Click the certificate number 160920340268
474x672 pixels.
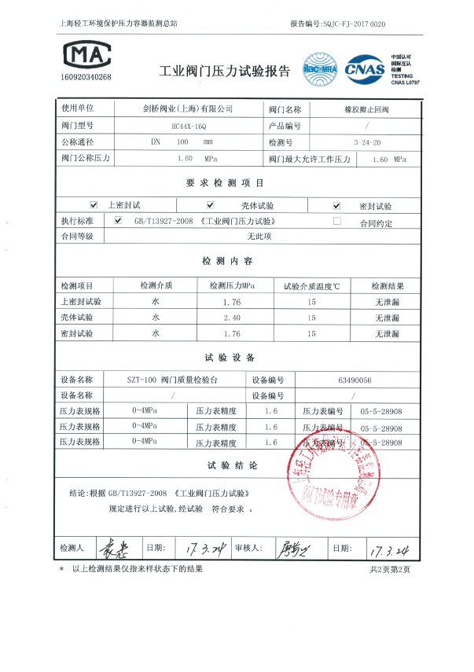click(86, 77)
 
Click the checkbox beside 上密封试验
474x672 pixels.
click(94, 205)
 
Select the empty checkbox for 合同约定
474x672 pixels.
click(337, 222)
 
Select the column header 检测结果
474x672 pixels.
click(388, 285)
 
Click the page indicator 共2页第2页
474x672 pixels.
click(390, 569)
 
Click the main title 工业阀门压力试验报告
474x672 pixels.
click(225, 72)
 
